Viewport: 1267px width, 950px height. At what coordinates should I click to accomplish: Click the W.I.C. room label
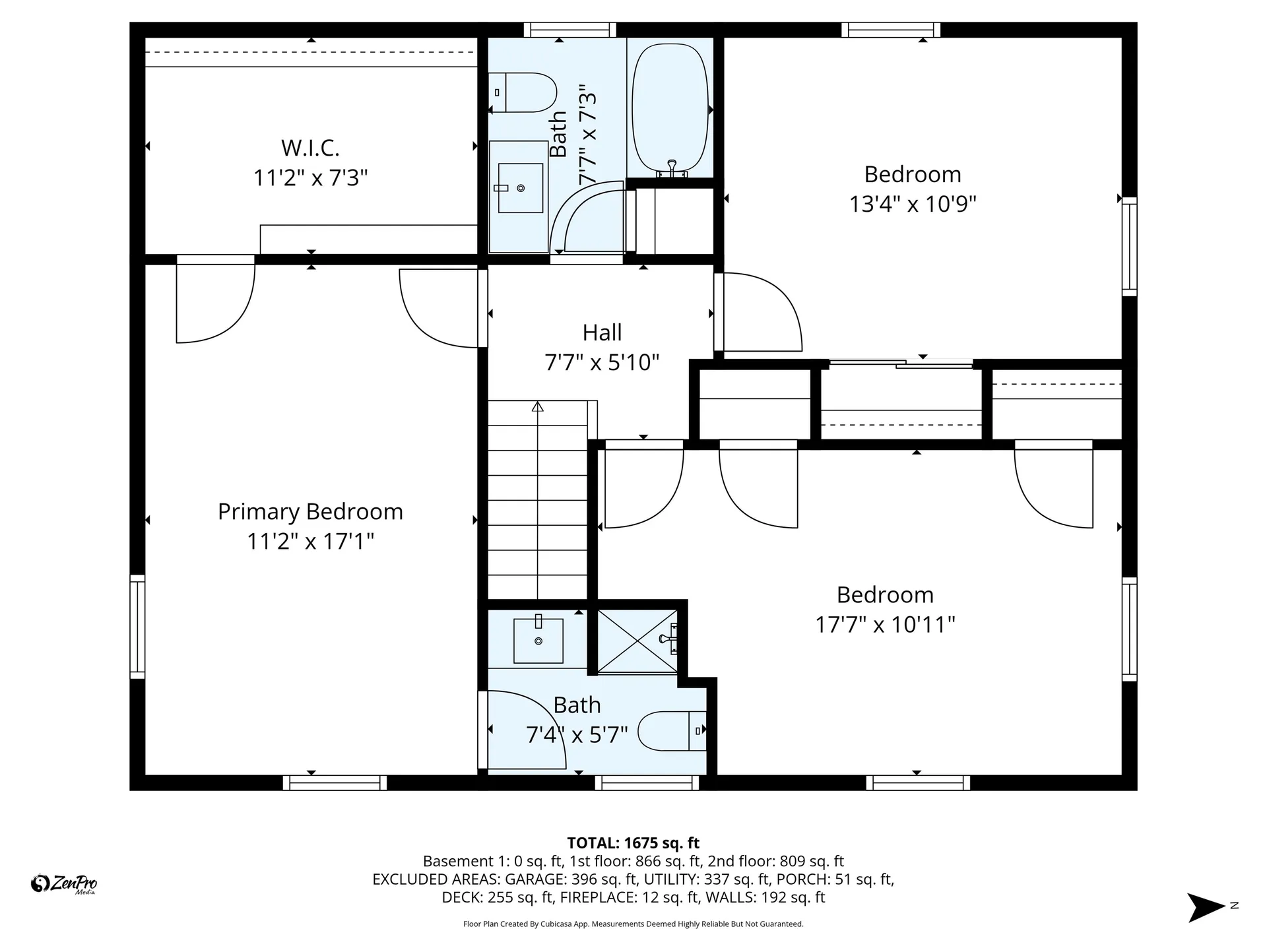[310, 148]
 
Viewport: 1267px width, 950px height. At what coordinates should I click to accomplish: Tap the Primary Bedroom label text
[310, 512]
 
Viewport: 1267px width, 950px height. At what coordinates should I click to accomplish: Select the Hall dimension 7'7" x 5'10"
[602, 362]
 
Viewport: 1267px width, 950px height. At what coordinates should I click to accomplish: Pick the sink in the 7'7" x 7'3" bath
[520, 188]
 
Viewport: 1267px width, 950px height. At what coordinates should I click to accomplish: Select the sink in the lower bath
[538, 640]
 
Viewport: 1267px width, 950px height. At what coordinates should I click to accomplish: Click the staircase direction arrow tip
[538, 406]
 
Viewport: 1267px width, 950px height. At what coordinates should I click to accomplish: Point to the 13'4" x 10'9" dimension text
[912, 204]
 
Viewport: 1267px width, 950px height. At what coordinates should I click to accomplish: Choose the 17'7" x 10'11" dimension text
[885, 624]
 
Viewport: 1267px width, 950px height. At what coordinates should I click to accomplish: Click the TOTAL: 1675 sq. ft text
[633, 842]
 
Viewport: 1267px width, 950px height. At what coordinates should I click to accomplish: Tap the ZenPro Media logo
[64, 883]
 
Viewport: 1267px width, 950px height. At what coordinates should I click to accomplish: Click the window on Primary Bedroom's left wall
[137, 626]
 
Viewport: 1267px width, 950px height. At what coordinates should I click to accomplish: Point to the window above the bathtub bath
[570, 30]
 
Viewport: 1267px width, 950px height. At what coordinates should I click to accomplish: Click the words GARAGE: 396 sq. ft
[571, 879]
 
